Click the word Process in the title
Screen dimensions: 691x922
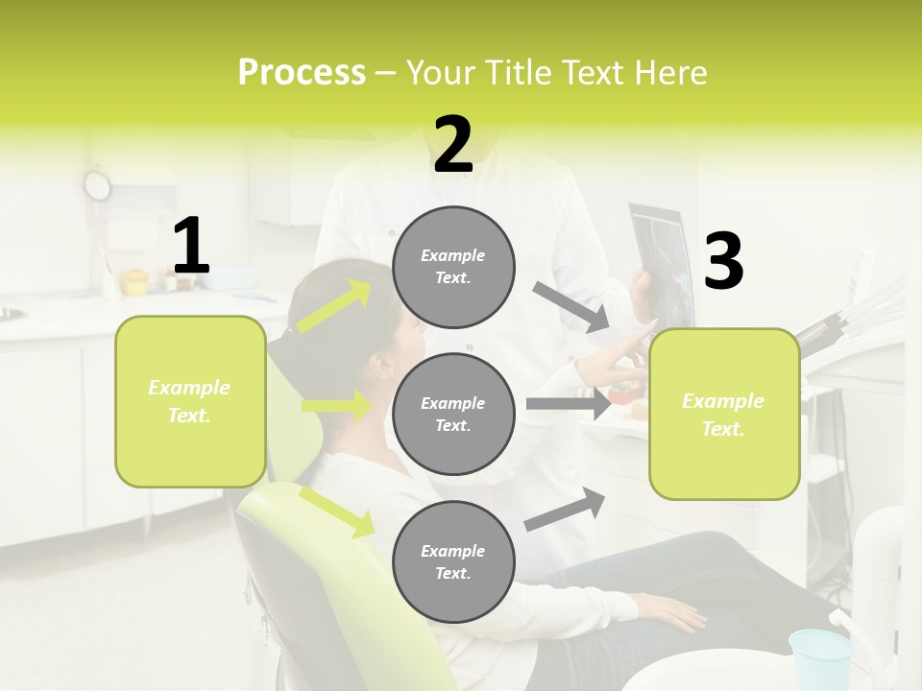tap(302, 73)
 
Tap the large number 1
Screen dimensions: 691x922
tap(191, 247)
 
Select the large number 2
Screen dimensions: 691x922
tap(453, 145)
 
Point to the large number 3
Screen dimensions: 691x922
tap(724, 262)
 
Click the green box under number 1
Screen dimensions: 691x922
tap(190, 401)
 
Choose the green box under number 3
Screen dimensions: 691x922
tap(724, 414)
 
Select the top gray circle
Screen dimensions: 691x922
tap(453, 267)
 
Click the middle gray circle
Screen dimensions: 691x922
tap(453, 414)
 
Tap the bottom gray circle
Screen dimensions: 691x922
tap(453, 561)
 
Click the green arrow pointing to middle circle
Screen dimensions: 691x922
tap(336, 406)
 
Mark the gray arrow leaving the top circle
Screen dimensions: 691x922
tap(571, 307)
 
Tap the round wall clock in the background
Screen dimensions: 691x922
tap(97, 184)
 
